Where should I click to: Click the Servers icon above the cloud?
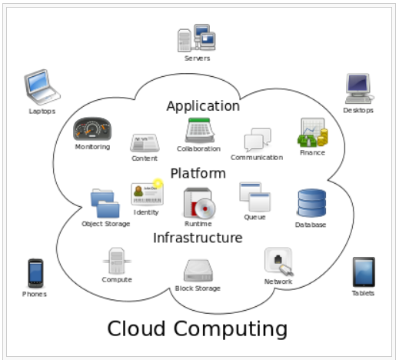click(197, 38)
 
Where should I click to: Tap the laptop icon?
click(42, 87)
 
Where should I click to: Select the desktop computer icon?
click(359, 88)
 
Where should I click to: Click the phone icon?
click(35, 273)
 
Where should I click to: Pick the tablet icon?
click(364, 272)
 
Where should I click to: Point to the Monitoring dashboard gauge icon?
click(92, 129)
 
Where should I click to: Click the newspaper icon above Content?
click(145, 142)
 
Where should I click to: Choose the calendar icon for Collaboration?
click(200, 130)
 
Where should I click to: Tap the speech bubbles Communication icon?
click(258, 139)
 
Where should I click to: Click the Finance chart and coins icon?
click(313, 132)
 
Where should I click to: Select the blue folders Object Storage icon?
click(105, 203)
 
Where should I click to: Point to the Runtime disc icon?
click(199, 203)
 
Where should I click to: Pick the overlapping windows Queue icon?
click(255, 197)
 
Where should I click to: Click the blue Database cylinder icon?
click(311, 203)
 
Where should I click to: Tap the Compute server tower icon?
click(117, 261)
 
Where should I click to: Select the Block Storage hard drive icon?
click(198, 271)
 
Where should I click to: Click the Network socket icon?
click(279, 262)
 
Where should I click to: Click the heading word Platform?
click(198, 173)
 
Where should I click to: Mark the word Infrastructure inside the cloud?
click(198, 238)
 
